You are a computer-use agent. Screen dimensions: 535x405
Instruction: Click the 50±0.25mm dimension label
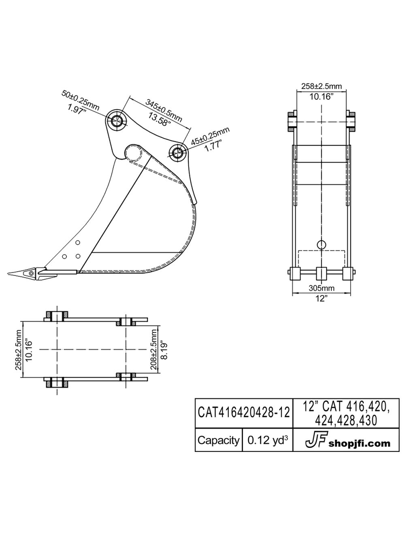click(81, 100)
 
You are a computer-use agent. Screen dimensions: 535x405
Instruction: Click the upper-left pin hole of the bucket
click(117, 120)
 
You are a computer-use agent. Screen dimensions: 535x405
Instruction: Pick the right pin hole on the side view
click(177, 152)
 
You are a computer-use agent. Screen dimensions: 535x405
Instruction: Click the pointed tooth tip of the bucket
click(14, 272)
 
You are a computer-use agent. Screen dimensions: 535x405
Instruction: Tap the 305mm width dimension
click(321, 288)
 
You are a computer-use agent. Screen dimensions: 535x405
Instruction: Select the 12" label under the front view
click(321, 299)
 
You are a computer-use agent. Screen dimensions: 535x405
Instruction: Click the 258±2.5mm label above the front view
click(322, 86)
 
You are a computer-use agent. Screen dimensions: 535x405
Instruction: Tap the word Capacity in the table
click(218, 440)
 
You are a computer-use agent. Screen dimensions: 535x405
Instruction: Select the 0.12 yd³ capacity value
click(267, 440)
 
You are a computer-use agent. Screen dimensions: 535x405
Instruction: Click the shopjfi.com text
click(360, 443)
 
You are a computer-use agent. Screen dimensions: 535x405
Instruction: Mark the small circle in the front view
click(321, 244)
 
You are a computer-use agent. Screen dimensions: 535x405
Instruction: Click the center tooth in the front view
click(321, 274)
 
